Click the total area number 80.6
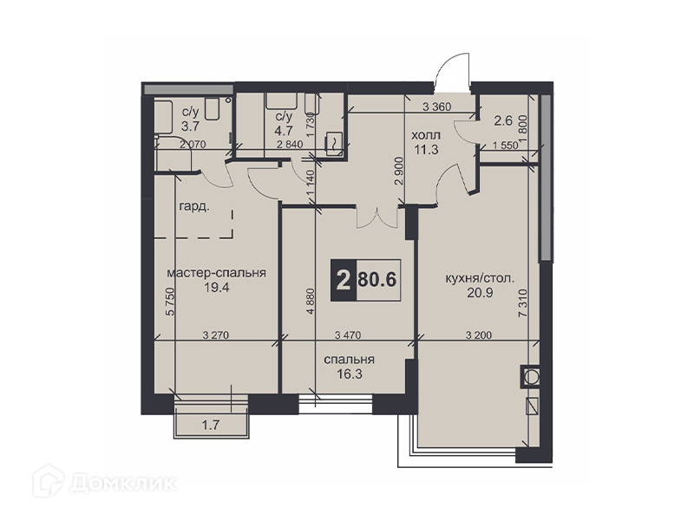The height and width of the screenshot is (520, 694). point(376,280)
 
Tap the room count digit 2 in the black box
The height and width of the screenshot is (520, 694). point(343,280)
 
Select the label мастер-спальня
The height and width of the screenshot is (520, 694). point(216,273)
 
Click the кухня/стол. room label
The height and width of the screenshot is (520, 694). point(480,278)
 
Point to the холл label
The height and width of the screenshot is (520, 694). point(426,134)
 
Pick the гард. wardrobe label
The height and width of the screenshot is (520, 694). point(194,206)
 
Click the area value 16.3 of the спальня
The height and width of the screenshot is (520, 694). point(350,374)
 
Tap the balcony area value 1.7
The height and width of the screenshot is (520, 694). point(211,426)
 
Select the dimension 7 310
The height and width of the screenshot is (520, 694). point(523,303)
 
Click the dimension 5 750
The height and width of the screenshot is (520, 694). point(170,302)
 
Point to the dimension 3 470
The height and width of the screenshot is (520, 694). point(348,335)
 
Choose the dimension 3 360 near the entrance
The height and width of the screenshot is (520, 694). point(437,107)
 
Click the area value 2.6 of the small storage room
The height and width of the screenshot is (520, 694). point(503,120)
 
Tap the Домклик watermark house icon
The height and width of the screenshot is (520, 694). point(49,481)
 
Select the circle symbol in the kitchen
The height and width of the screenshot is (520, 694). point(530,377)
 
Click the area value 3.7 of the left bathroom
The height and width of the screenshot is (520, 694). point(190,126)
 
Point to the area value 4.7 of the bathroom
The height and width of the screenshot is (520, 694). point(284,131)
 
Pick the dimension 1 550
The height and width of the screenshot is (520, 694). point(505,145)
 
